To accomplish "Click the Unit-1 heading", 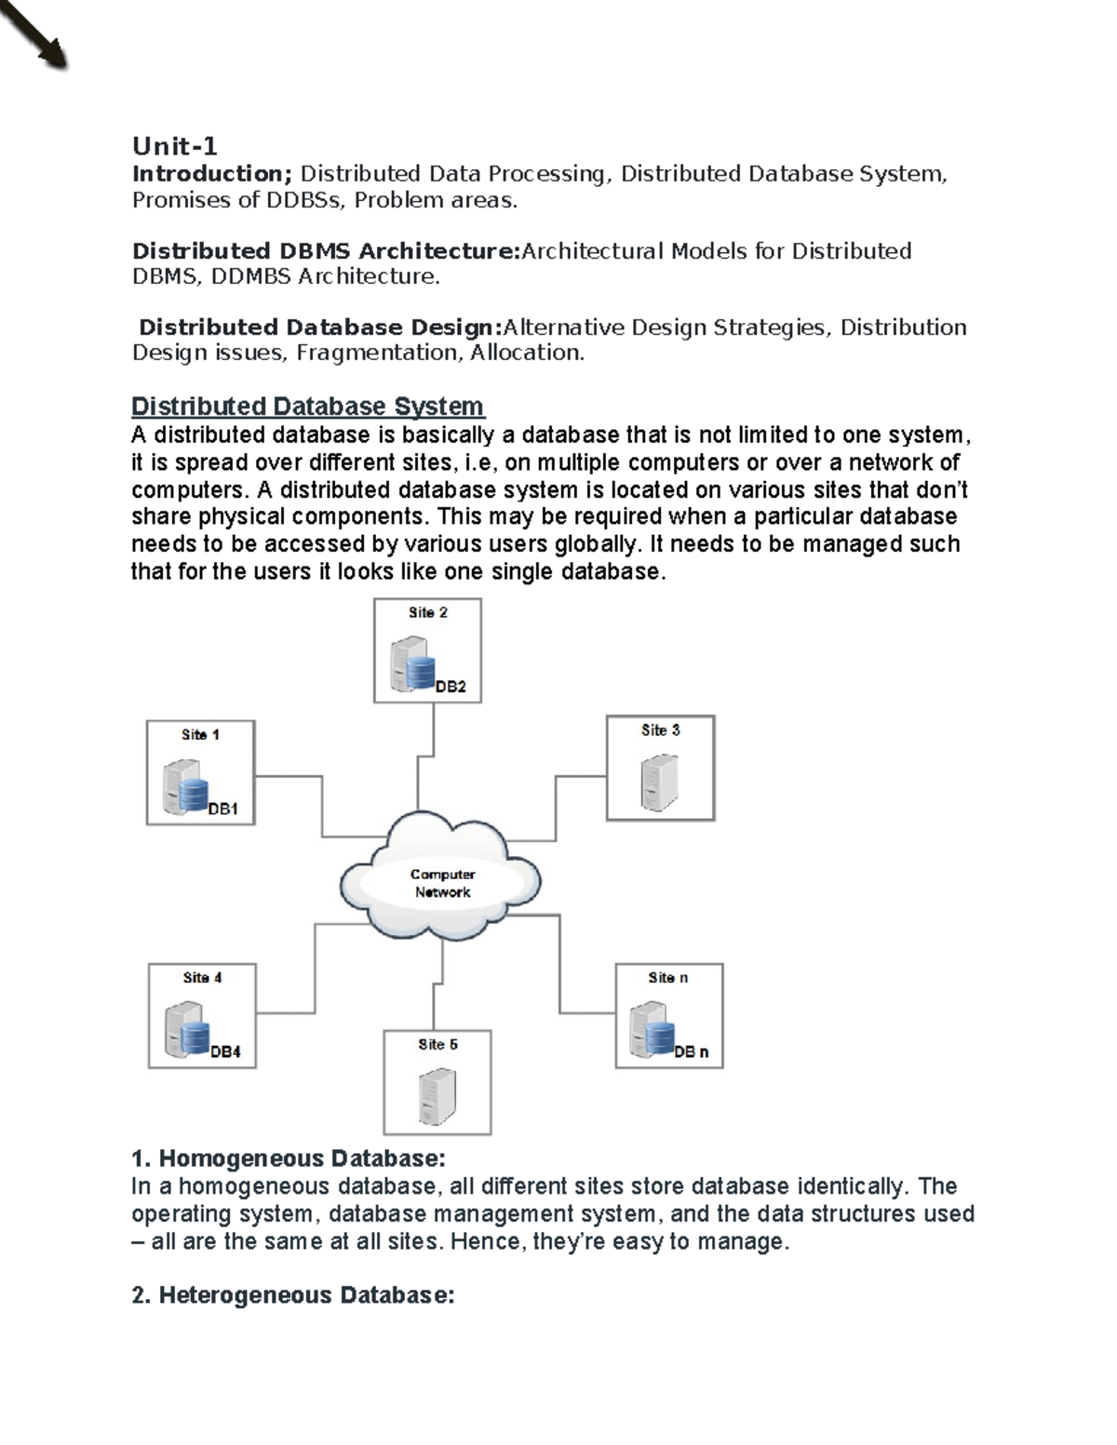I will click(x=174, y=146).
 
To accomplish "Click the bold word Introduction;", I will click(x=212, y=174).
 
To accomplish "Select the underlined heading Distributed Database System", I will click(x=307, y=407).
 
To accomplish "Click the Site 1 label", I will click(x=200, y=735).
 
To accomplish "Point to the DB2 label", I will click(x=451, y=687).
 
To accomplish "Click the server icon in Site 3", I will click(x=659, y=782).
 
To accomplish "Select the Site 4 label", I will click(x=202, y=978).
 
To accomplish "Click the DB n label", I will click(x=692, y=1052).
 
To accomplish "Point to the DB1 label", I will click(x=223, y=809).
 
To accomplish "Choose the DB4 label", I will click(x=225, y=1052).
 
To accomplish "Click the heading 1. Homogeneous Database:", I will click(x=289, y=1158).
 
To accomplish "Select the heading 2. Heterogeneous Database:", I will click(x=293, y=1295).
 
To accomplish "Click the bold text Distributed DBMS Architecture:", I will click(x=326, y=251).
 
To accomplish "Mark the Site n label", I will click(x=668, y=978).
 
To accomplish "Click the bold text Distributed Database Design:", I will click(x=320, y=328).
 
